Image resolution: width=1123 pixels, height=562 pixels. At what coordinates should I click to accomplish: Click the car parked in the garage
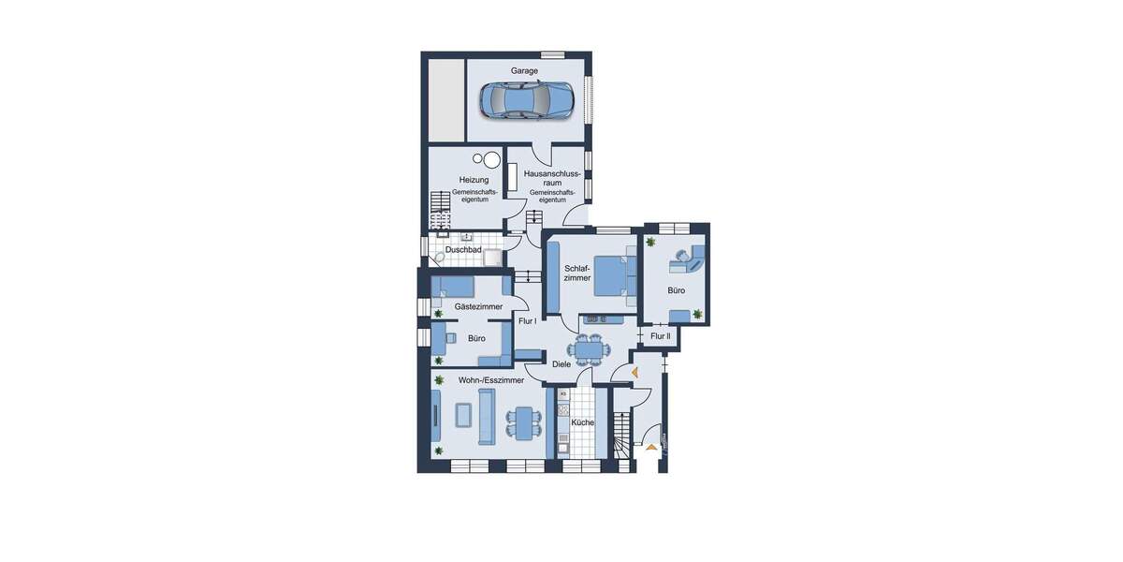click(x=527, y=99)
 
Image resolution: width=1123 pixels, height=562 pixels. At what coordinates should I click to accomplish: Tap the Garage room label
click(x=524, y=71)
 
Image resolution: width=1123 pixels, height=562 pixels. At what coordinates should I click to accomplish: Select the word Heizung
click(x=474, y=180)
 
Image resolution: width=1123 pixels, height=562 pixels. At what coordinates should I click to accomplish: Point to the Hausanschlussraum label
click(x=552, y=178)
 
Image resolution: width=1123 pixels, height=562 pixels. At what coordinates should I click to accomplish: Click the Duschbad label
click(x=463, y=250)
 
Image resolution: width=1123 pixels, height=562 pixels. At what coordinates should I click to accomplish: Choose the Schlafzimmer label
click(x=577, y=273)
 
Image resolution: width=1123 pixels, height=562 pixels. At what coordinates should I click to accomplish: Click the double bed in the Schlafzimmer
click(x=614, y=275)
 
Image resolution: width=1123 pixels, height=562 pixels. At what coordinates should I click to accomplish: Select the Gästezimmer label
click(x=478, y=306)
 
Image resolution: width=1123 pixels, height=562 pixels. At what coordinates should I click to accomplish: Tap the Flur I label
click(x=527, y=321)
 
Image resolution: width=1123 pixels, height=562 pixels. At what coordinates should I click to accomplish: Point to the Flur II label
click(x=661, y=336)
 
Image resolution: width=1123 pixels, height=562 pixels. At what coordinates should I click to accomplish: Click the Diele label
click(x=561, y=364)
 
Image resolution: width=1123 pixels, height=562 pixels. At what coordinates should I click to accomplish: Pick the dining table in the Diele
click(x=589, y=350)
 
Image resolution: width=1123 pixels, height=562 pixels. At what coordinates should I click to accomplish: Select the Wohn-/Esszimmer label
click(x=490, y=380)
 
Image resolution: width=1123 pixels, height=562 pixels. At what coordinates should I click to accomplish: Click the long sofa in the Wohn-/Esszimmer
click(x=487, y=417)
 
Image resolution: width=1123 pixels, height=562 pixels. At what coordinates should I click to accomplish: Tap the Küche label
click(x=582, y=422)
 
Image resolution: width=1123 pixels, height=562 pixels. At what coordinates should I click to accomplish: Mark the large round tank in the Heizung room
click(x=492, y=160)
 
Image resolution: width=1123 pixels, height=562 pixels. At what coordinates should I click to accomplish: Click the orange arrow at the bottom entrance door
click(x=651, y=448)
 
